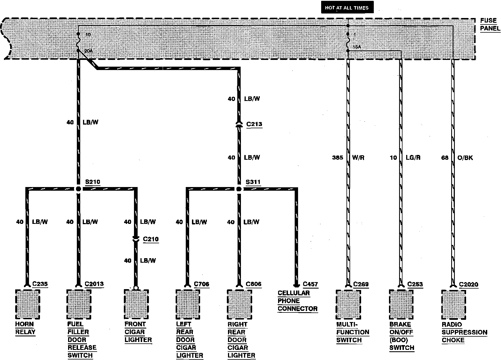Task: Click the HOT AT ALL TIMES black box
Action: pyautogui.click(x=347, y=8)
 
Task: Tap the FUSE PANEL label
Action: pyautogui.click(x=490, y=24)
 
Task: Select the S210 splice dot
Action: pyautogui.click(x=79, y=189)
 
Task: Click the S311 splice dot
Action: pyautogui.click(x=239, y=189)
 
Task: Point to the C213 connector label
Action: pyautogui.click(x=254, y=124)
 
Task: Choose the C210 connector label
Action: pyautogui.click(x=151, y=239)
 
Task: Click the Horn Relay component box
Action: pyautogui.click(x=27, y=304)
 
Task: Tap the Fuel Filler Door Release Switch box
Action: pyautogui.click(x=79, y=304)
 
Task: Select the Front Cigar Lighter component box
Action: pyautogui.click(x=136, y=304)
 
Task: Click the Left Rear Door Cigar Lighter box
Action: pyautogui.click(x=188, y=304)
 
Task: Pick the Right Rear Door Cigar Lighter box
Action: pyautogui.click(x=240, y=304)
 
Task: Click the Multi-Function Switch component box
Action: pyautogui.click(x=348, y=304)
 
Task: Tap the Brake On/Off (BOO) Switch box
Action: pyautogui.click(x=401, y=304)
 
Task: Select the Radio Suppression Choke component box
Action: pyautogui.click(x=453, y=304)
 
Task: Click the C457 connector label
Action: pyautogui.click(x=310, y=284)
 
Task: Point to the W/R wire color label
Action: pyautogui.click(x=358, y=158)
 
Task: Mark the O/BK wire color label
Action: pyautogui.click(x=465, y=158)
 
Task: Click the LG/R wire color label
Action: pyautogui.click(x=413, y=158)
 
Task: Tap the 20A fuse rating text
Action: pyautogui.click(x=88, y=51)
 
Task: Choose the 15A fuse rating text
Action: pyautogui.click(x=357, y=47)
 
